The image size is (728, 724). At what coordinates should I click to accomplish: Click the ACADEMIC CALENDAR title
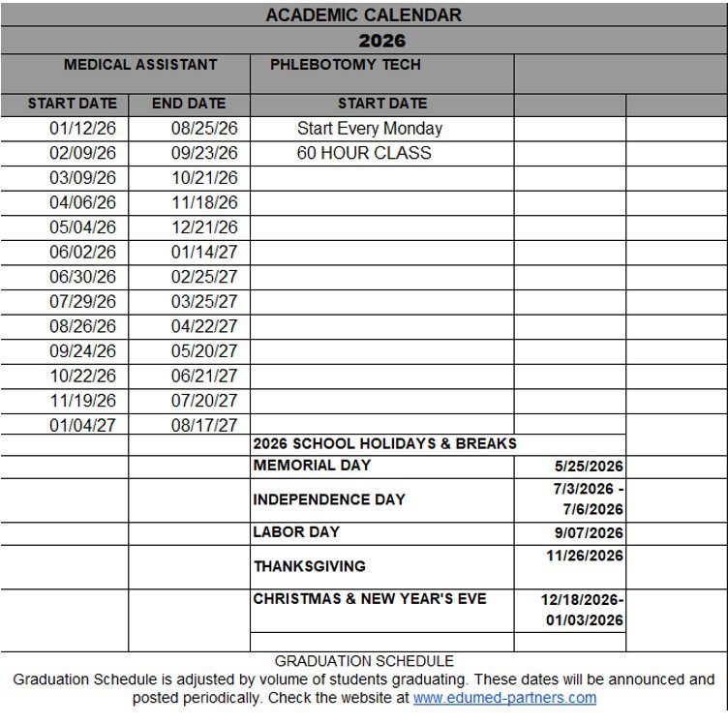pos(363,15)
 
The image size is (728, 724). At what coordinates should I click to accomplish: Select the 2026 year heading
pos(381,41)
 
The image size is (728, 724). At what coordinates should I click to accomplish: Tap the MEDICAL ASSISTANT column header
pos(140,65)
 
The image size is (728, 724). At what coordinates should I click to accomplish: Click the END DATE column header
pos(189,104)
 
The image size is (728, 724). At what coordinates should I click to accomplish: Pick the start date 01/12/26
pos(82,129)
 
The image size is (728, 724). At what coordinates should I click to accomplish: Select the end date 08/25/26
pos(204,129)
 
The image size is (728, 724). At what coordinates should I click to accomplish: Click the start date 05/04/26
pos(82,227)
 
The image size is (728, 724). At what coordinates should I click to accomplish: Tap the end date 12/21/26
pos(204,227)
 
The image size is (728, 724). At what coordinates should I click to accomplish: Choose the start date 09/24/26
pos(82,351)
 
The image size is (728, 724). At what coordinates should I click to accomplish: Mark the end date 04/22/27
pos(204,326)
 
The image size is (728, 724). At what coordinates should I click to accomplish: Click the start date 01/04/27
pos(82,425)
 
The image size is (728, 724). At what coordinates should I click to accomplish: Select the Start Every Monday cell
pos(369,129)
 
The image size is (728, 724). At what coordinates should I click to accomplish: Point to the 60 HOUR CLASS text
pos(364,153)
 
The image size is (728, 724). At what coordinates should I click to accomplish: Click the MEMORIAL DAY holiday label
pos(312,466)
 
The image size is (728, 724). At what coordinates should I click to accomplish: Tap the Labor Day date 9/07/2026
pos(589,533)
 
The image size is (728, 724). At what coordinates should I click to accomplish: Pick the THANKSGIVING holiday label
pos(310,566)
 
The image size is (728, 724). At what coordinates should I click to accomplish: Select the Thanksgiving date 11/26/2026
pos(585,556)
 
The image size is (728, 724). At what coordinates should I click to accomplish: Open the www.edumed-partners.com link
pos(504,698)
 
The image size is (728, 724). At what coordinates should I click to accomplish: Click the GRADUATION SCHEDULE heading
pos(364,661)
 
